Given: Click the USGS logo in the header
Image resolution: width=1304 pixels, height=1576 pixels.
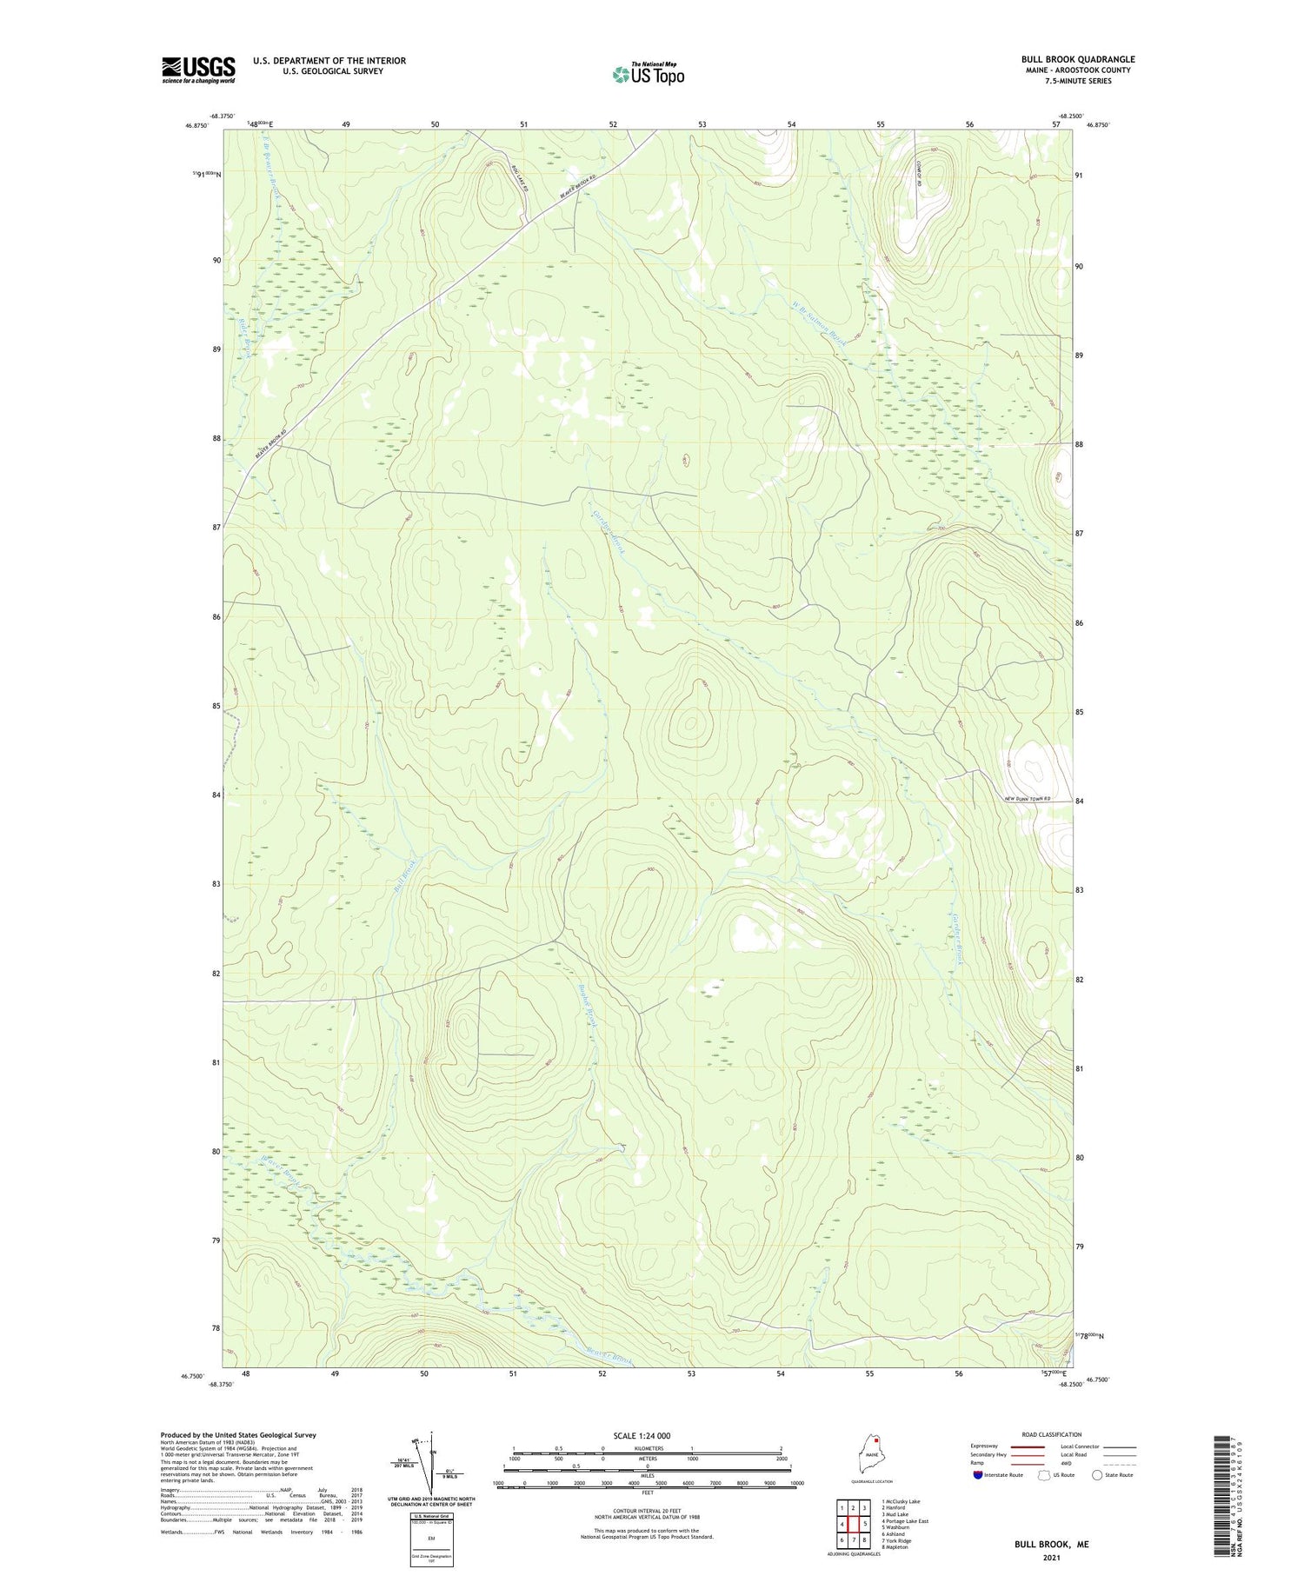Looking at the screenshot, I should point(198,70).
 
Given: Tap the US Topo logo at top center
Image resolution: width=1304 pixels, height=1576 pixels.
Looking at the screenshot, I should point(649,75).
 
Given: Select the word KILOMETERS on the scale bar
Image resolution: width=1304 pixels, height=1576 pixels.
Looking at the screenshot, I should point(647,1448).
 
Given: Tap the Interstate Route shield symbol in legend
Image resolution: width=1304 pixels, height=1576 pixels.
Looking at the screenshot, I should point(978,1475).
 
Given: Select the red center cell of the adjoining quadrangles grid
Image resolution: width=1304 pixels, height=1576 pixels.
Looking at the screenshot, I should point(854,1524).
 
